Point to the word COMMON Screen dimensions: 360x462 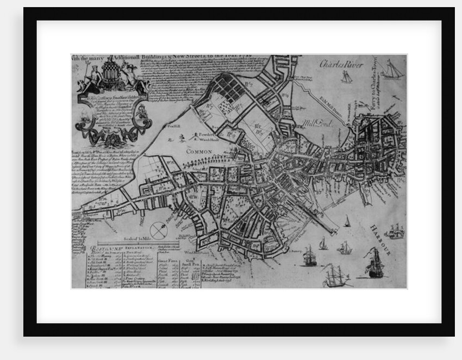[x=199, y=152]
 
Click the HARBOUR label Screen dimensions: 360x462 [x=380, y=240]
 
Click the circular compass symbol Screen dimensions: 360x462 [x=159, y=231]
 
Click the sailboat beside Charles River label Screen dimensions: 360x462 [x=346, y=77]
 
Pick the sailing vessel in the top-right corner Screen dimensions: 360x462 [x=392, y=70]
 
